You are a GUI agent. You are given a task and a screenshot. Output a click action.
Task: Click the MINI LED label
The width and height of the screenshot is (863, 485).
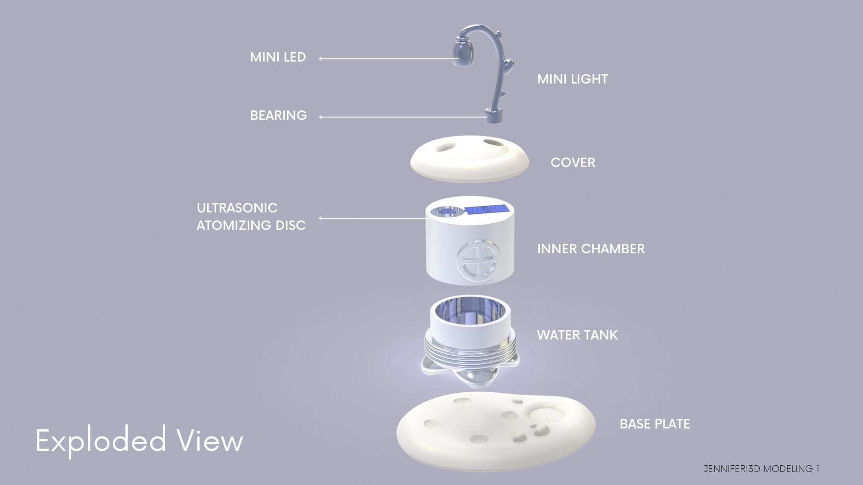tap(278, 57)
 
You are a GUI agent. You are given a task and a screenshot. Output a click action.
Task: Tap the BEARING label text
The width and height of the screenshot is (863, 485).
tap(278, 115)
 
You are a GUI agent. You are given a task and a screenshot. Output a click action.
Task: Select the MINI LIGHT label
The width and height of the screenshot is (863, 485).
tap(572, 79)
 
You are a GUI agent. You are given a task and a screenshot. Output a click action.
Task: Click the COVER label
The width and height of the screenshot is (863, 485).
tap(573, 163)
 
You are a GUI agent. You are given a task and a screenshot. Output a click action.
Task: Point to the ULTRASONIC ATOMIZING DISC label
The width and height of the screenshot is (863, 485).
tap(251, 216)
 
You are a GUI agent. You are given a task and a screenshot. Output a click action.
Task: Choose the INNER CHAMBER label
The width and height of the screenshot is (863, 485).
tap(591, 249)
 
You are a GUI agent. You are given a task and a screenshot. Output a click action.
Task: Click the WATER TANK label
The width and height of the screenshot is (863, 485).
tap(577, 335)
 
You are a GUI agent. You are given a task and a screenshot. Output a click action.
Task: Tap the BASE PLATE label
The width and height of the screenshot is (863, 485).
tap(654, 424)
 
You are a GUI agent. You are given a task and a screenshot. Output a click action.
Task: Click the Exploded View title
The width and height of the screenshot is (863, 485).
tap(139, 441)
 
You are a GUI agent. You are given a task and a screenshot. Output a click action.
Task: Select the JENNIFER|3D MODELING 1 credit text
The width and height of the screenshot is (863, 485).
tap(761, 469)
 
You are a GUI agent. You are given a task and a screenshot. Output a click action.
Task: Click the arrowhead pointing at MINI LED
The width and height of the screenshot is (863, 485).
tap(320, 58)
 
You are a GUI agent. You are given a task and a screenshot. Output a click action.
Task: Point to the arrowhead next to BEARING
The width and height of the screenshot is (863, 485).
tap(320, 117)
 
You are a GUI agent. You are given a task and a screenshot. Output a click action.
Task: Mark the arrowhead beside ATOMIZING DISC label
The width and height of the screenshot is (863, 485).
tap(320, 218)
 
